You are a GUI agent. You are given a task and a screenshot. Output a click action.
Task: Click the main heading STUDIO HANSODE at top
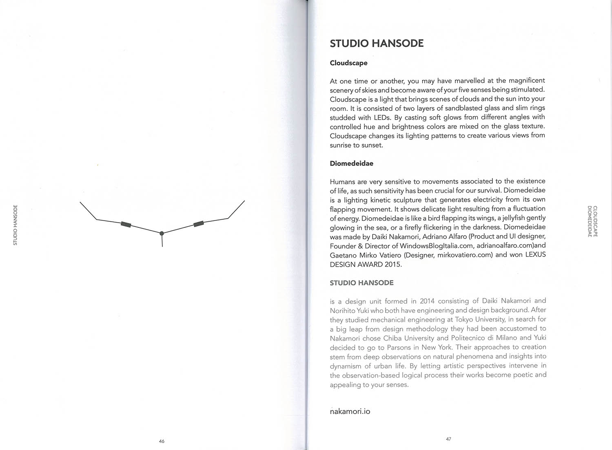(377, 43)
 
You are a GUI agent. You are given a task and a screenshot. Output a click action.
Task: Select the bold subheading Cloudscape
(348, 63)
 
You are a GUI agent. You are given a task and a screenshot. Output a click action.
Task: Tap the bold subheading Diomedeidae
(351, 163)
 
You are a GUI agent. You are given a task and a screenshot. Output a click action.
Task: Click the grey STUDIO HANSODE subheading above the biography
(361, 282)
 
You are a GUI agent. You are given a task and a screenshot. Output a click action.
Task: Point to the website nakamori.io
(350, 411)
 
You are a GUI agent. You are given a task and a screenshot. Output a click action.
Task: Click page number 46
(162, 441)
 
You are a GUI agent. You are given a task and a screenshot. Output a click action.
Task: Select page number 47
(448, 439)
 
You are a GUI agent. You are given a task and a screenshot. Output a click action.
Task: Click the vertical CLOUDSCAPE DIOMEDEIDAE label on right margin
(592, 222)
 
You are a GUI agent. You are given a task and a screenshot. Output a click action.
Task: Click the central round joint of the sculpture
(162, 233)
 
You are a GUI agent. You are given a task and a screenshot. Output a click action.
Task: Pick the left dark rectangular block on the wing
(126, 224)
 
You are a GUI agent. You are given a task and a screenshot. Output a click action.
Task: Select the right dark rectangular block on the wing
(199, 223)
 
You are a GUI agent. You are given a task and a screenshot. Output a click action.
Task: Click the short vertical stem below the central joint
(162, 241)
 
